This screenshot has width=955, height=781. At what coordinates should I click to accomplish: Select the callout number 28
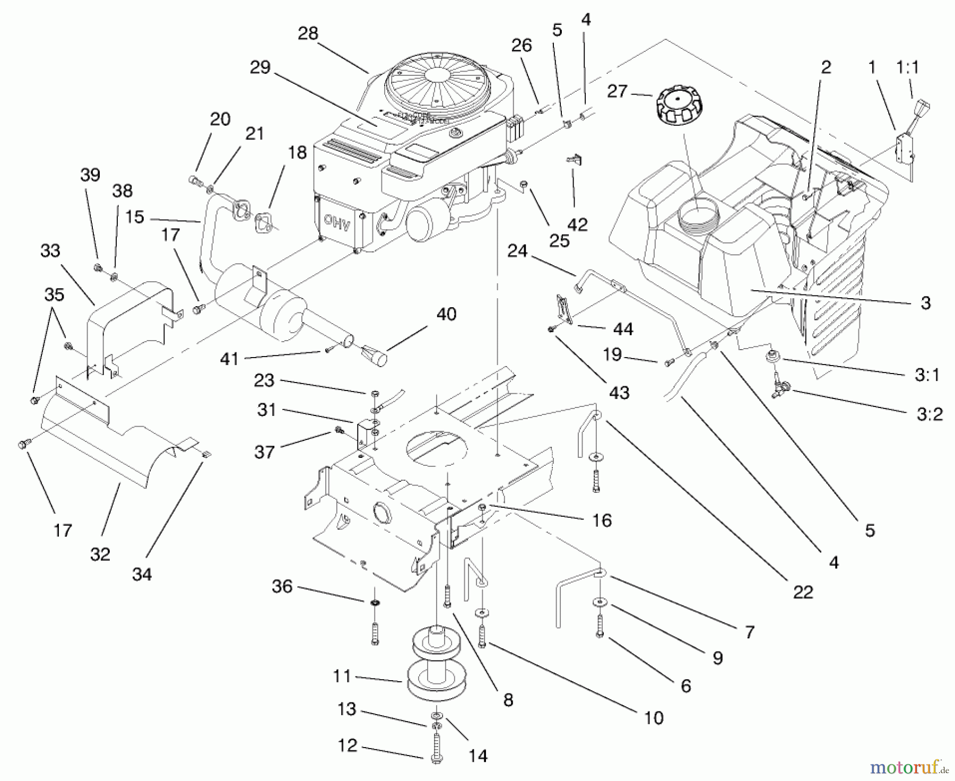coord(308,33)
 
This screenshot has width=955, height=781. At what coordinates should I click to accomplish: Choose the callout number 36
coord(282,586)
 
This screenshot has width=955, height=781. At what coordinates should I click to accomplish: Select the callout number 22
coord(803,592)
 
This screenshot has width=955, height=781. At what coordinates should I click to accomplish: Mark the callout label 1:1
coord(907,67)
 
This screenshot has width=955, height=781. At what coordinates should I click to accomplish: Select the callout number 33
coord(50,250)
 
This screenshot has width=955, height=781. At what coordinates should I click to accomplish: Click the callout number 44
coord(623,329)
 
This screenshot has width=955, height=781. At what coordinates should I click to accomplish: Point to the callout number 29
coord(260,67)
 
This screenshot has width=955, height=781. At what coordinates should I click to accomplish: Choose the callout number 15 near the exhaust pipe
coord(135,217)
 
